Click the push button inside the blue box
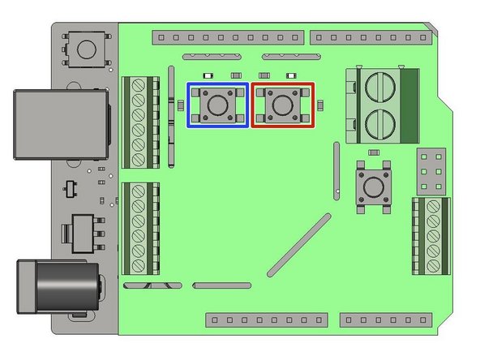[217, 105]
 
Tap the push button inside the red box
[281, 105]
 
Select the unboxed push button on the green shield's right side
[374, 187]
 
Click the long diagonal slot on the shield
[298, 242]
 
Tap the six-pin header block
[431, 169]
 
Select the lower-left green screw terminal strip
[139, 229]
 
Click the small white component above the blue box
[237, 75]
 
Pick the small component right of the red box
[321, 105]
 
